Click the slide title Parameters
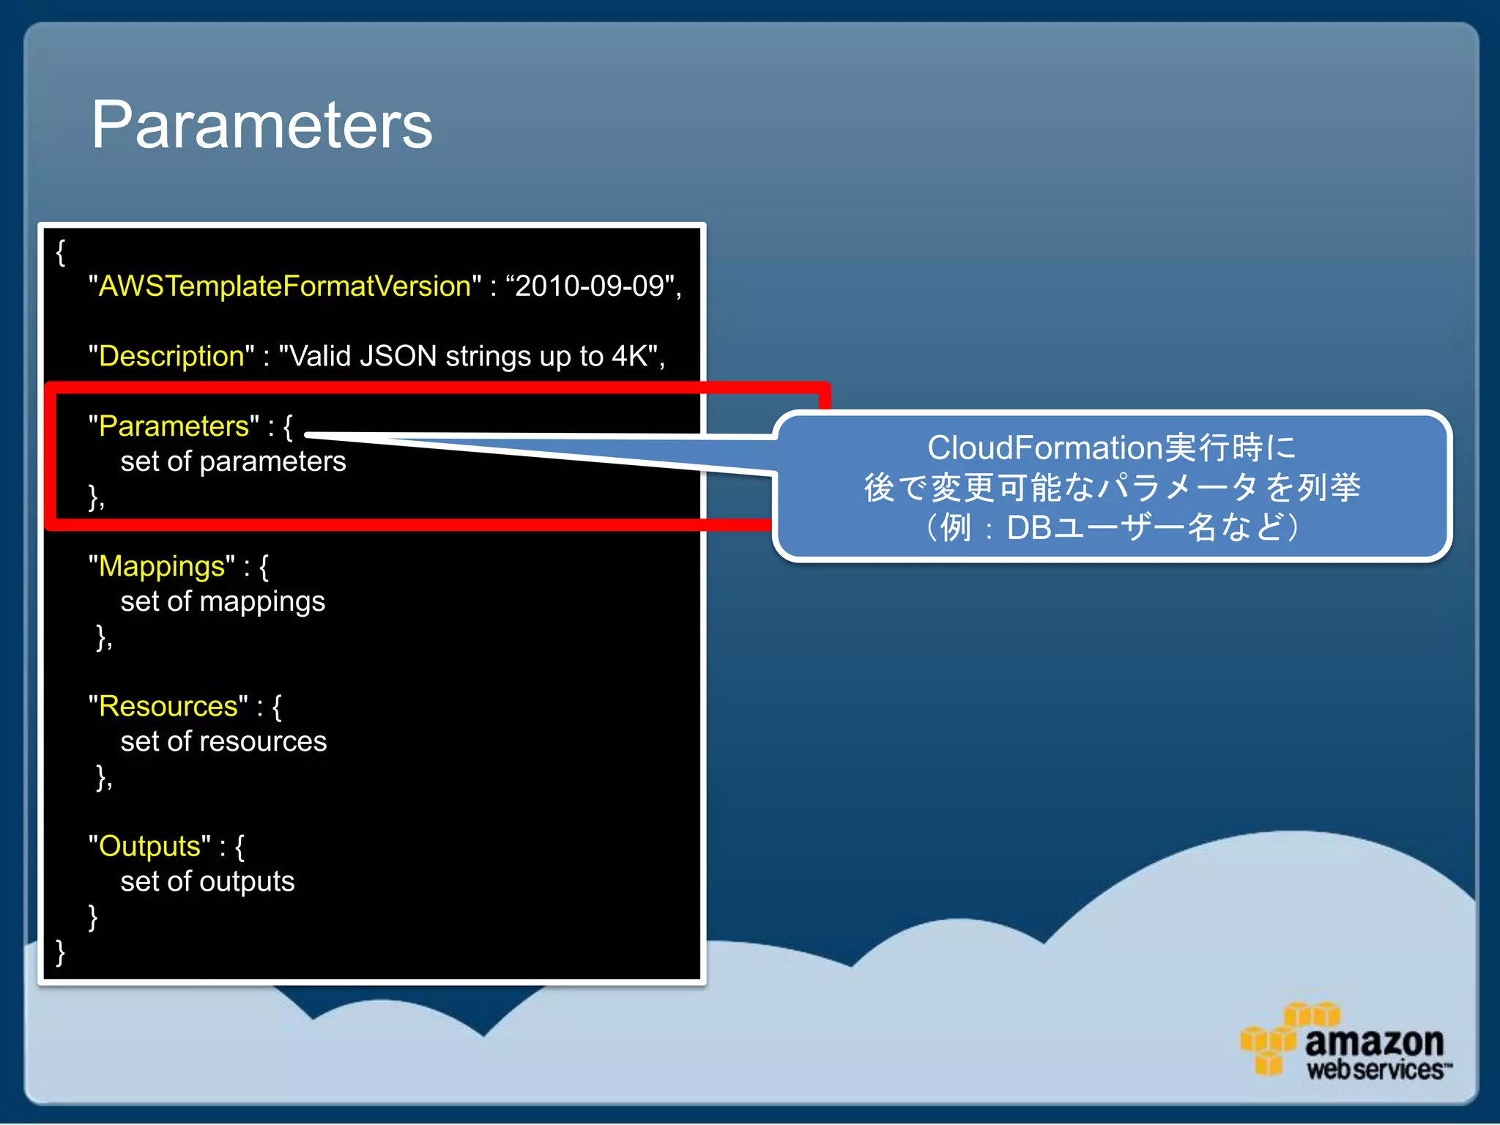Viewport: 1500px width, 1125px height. pos(261,125)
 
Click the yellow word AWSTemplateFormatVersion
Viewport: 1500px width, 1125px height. pos(284,286)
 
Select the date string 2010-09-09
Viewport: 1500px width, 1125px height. pos(590,286)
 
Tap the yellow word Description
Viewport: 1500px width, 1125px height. pos(171,356)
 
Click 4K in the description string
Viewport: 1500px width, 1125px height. pos(629,356)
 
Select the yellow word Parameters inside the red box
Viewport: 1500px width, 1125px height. pos(174,426)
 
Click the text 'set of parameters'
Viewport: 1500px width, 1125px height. pos(233,461)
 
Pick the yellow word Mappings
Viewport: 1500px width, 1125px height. pos(162,566)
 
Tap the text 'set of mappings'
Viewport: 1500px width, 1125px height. pos(223,601)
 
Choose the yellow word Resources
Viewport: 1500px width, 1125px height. pos(168,706)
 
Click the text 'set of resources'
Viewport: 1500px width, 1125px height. pos(223,741)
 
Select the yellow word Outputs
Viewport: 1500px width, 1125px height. pos(149,846)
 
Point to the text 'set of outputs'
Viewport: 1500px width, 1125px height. pos(207,881)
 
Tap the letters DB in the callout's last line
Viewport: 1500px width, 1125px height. pos(1029,527)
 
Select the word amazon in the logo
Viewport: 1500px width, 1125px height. pos(1374,1041)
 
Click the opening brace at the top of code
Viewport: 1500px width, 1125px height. pos(61,252)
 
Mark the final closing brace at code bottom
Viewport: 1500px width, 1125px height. pos(61,951)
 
